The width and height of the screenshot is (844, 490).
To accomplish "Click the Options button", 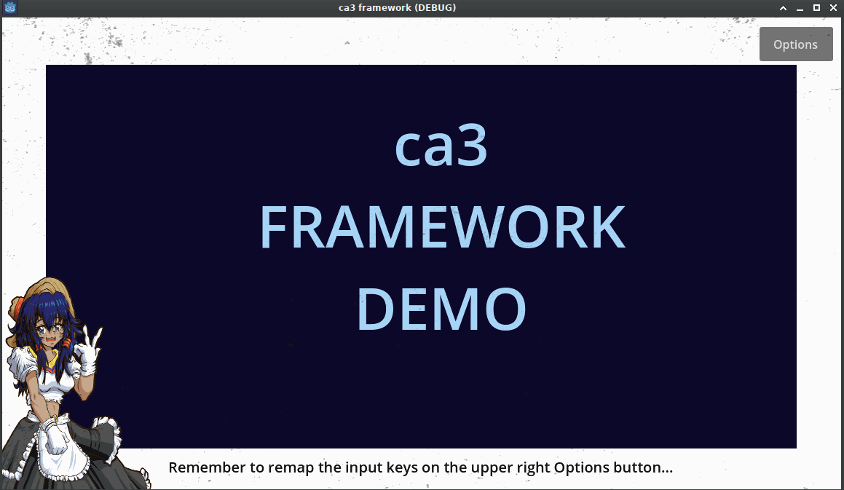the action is [x=796, y=44].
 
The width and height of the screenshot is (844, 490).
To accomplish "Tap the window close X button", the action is [x=833, y=7].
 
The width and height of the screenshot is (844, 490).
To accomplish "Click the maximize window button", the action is [x=816, y=7].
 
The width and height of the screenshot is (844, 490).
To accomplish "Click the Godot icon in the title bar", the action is [x=9, y=7].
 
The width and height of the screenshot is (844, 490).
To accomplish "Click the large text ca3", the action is [x=441, y=146].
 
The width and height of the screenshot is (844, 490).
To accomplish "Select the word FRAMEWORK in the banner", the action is [x=442, y=227].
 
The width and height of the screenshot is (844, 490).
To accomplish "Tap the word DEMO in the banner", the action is [x=441, y=309].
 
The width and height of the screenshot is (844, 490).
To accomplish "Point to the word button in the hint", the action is [x=638, y=467].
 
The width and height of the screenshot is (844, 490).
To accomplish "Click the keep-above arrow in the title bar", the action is [x=783, y=7].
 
